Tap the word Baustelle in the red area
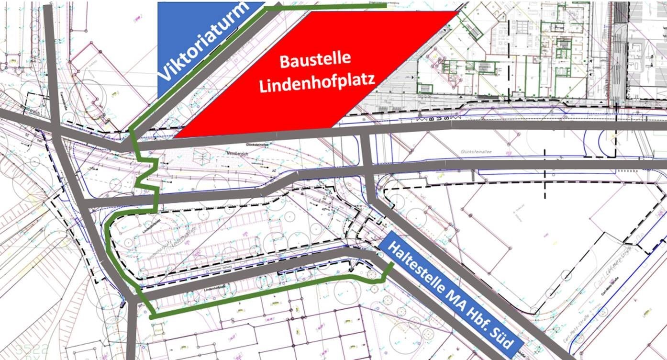(x=315, y=61)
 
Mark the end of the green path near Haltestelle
(x=392, y=264)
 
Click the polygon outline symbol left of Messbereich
(x=202, y=157)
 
